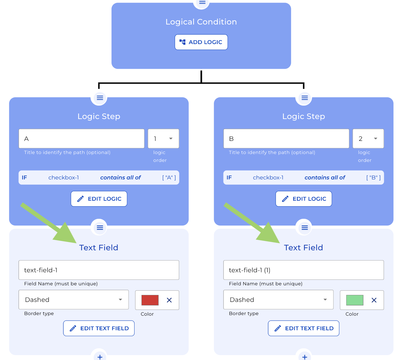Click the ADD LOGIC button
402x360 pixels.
pos(201,42)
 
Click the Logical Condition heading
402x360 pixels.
pos(201,22)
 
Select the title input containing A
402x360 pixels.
pos(81,139)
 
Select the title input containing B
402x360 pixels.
pos(286,139)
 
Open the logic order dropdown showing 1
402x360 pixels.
pos(163,139)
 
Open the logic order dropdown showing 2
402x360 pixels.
pos(368,139)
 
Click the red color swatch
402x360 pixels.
pos(150,300)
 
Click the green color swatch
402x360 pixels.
pos(355,300)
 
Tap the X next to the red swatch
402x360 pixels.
pos(169,300)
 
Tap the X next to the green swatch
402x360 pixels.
pos(374,300)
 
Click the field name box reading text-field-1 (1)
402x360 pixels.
pos(303,270)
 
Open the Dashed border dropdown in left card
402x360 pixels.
pos(74,300)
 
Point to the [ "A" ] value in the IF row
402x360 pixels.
pos(169,178)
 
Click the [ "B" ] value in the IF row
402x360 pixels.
pos(373,178)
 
